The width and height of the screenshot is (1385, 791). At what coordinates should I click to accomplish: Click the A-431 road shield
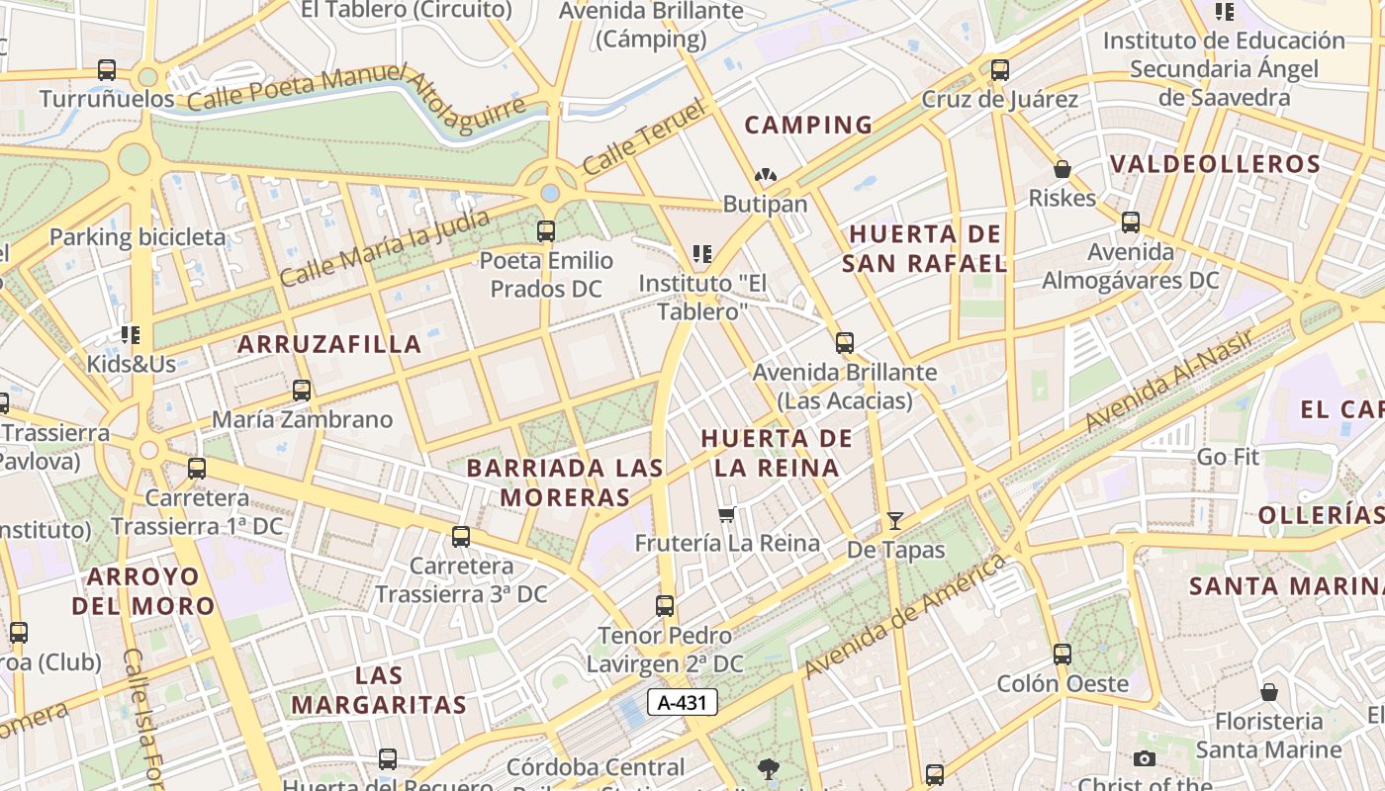(x=682, y=702)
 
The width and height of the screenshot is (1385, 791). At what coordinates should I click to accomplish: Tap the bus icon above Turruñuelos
(x=107, y=70)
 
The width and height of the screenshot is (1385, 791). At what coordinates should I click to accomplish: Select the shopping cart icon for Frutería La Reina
(x=727, y=514)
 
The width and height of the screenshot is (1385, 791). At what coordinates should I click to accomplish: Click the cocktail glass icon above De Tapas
(x=895, y=520)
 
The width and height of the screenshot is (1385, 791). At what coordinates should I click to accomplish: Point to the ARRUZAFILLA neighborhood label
(x=329, y=344)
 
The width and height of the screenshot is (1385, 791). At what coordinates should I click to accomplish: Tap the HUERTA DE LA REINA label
(x=777, y=453)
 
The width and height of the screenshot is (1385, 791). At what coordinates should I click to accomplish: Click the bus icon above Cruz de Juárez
(x=1000, y=70)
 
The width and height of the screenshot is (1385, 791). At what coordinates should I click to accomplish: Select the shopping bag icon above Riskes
(x=1062, y=169)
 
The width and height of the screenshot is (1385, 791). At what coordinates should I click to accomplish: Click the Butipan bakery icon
(x=765, y=175)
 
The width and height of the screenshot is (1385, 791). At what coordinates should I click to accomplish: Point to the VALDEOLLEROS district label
(x=1215, y=164)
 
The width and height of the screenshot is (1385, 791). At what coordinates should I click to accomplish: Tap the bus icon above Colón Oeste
(x=1062, y=654)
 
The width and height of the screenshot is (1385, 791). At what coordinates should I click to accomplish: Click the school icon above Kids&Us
(x=131, y=335)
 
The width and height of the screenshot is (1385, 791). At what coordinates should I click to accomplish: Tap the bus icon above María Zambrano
(x=302, y=391)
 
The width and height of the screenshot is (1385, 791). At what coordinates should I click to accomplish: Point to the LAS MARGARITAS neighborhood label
(x=379, y=690)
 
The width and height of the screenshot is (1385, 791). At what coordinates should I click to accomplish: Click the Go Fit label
(x=1228, y=457)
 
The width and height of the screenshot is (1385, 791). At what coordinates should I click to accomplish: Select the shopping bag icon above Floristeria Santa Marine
(x=1269, y=692)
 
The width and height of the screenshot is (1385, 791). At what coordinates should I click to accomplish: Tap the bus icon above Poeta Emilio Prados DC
(x=546, y=231)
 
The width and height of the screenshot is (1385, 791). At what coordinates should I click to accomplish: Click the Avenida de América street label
(x=904, y=617)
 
